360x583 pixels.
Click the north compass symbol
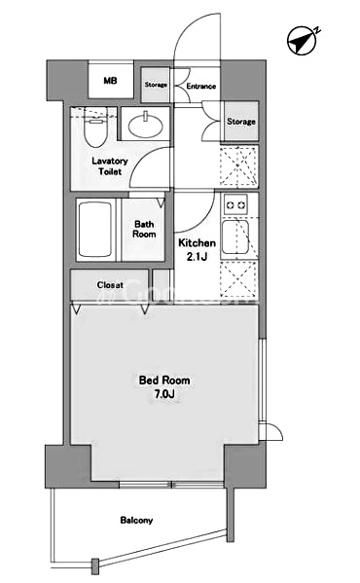[x=303, y=40]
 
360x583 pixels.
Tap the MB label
[x=110, y=80]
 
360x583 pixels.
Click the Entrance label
[x=201, y=86]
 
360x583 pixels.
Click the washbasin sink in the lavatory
[x=146, y=125]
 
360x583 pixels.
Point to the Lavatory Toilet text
[x=110, y=166]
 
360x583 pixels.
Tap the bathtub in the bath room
[x=95, y=230]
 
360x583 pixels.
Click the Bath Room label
[x=144, y=229]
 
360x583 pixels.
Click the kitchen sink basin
[x=235, y=237]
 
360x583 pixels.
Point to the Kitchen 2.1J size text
[x=197, y=249]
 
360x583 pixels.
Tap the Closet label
[x=110, y=285]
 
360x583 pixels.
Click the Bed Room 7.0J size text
[x=164, y=386]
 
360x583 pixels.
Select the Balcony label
[x=136, y=520]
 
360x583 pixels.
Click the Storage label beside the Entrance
[x=156, y=85]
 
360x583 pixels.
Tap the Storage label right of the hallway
[x=241, y=122]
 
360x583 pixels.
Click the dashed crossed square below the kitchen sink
[x=238, y=279]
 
